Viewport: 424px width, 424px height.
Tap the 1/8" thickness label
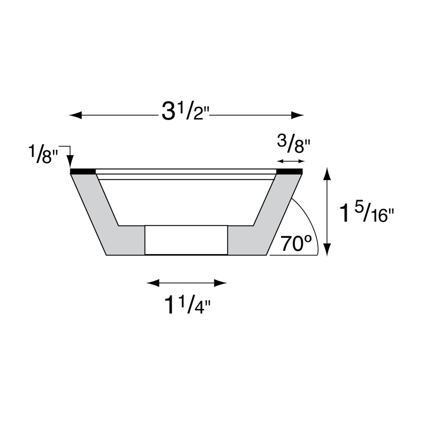pos(43,154)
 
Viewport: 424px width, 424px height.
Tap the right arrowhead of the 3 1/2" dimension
pos(298,115)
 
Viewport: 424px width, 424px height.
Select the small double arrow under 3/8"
pos(291,161)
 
